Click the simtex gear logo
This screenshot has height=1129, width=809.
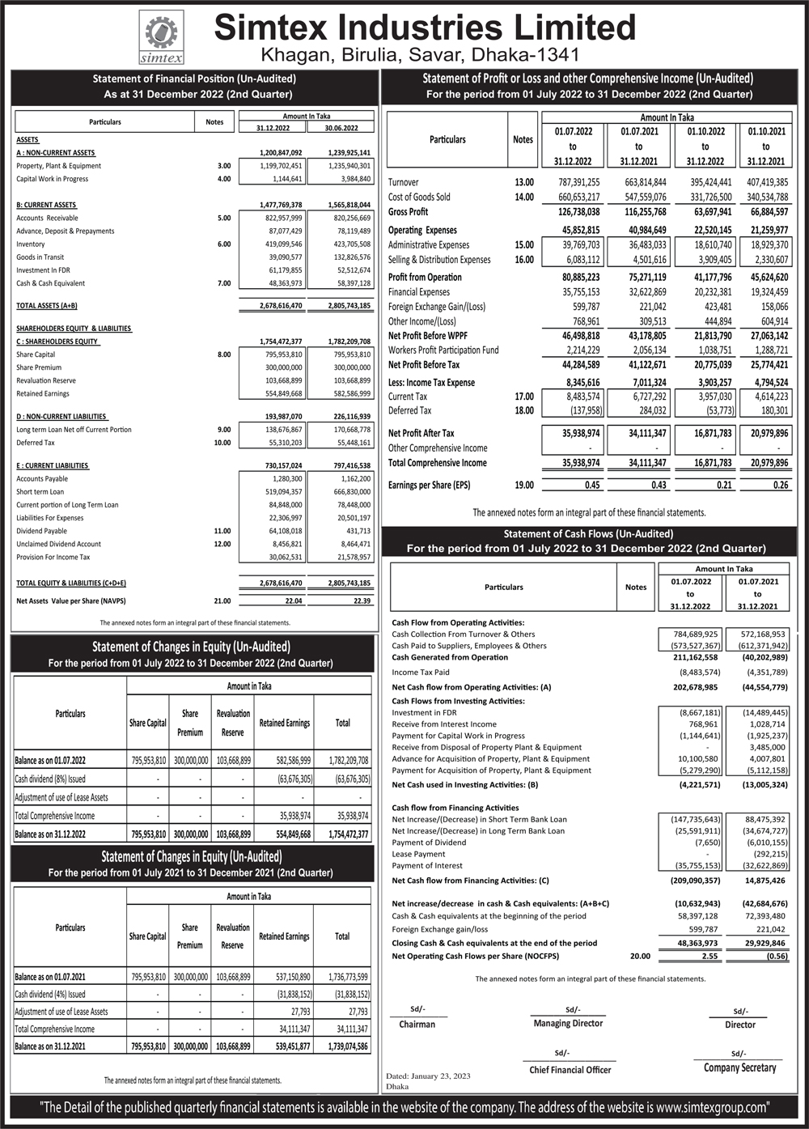pyautogui.click(x=161, y=37)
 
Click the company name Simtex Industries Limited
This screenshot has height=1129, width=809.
pyautogui.click(x=425, y=28)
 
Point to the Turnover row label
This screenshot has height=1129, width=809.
pyautogui.click(x=404, y=182)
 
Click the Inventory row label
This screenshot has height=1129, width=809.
pyautogui.click(x=31, y=244)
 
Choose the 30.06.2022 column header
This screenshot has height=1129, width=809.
pyautogui.click(x=341, y=128)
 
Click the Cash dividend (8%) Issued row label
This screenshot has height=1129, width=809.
pyautogui.click(x=50, y=779)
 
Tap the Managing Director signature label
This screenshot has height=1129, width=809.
pyautogui.click(x=568, y=1024)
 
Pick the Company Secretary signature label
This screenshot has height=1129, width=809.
pyautogui.click(x=739, y=1068)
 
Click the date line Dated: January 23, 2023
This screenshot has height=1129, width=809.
pyautogui.click(x=428, y=1076)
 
